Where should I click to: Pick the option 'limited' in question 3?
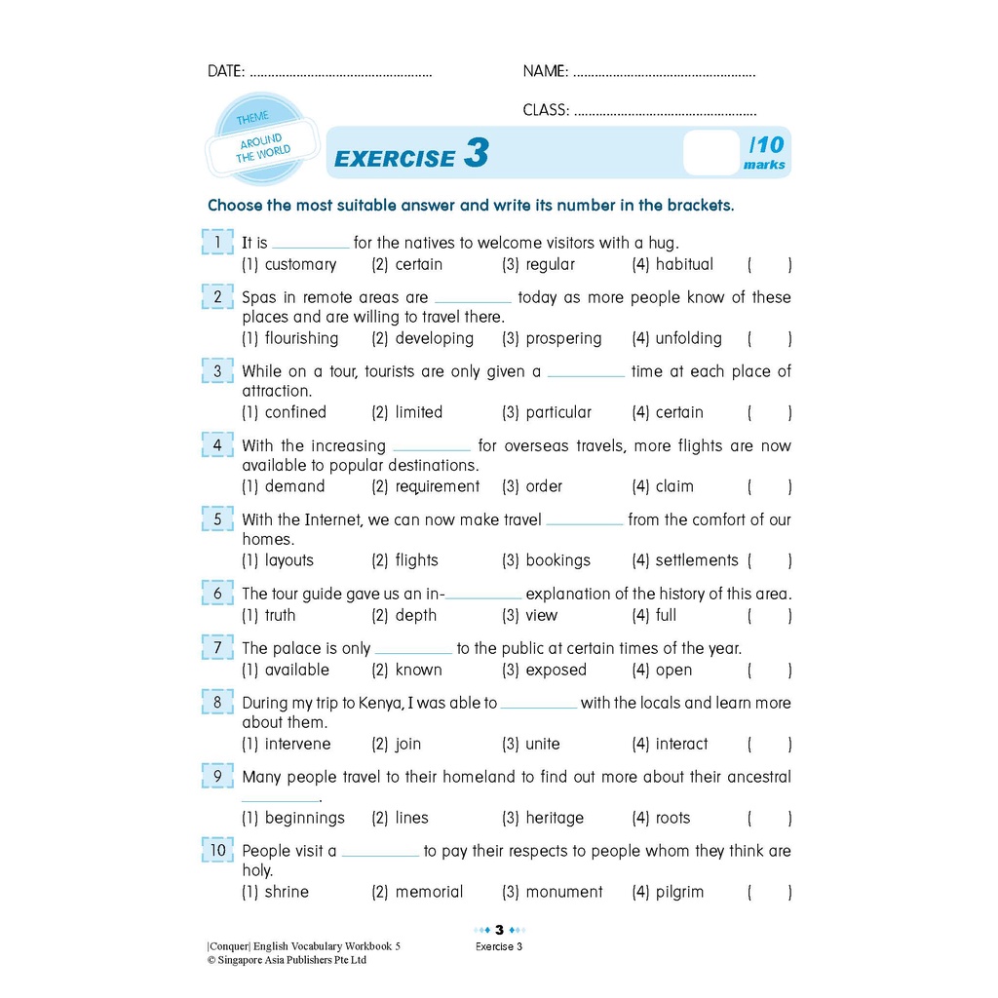click(418, 412)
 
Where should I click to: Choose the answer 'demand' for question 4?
click(294, 486)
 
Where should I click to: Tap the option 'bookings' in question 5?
click(557, 560)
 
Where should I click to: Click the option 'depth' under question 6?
click(415, 615)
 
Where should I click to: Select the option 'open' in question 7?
click(673, 670)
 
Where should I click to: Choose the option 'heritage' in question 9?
click(555, 818)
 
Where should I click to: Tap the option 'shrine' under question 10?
click(287, 892)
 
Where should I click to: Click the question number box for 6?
click(217, 593)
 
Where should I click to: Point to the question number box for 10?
click(217, 850)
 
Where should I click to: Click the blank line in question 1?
click(310, 246)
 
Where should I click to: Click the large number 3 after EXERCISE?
click(476, 154)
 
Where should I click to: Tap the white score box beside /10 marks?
click(710, 153)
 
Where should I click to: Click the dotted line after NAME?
click(664, 73)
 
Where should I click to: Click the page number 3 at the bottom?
click(499, 929)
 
